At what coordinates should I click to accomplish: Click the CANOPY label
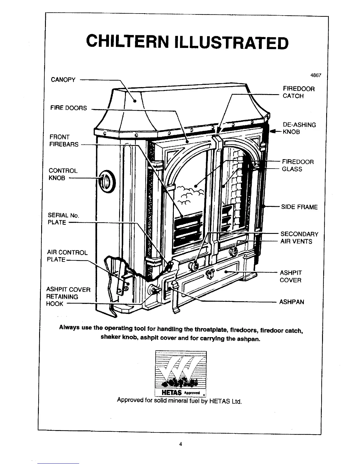tap(63, 80)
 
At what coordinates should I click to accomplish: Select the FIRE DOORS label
tap(69, 108)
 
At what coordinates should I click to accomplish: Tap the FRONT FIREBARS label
tap(64, 141)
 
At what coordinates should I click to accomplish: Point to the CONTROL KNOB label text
tap(63, 174)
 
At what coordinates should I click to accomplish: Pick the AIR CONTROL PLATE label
tap(67, 256)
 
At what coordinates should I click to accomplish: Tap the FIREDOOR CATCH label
tap(298, 92)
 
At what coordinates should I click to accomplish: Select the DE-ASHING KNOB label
tap(299, 128)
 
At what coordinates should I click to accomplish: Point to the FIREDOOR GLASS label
tap(298, 165)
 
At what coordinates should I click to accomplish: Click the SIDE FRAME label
tap(299, 207)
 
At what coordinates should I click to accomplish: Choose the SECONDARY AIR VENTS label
tap(299, 238)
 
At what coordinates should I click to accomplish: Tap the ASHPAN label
tap(291, 302)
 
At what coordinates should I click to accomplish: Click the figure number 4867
tap(316, 75)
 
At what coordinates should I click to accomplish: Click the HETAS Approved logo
tap(181, 374)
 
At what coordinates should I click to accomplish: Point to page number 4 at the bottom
tap(181, 444)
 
